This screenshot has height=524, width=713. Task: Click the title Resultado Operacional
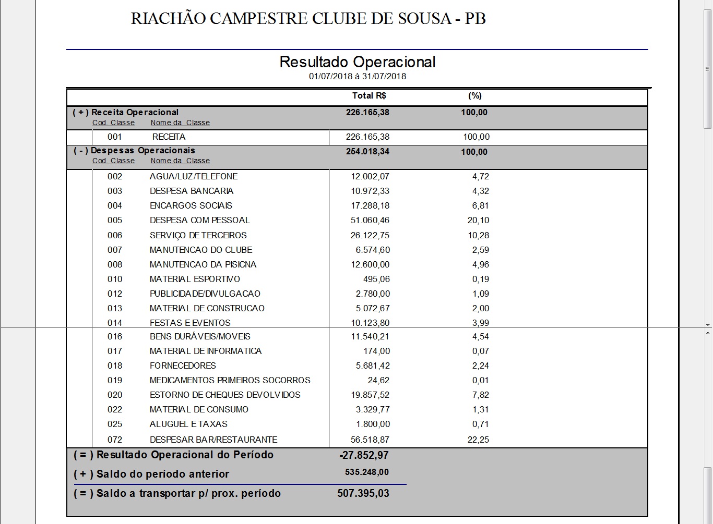[x=357, y=62]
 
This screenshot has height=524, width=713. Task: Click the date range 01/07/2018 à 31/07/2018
[x=357, y=76]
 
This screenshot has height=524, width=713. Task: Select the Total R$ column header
[x=369, y=96]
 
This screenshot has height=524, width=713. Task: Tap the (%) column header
[x=474, y=96]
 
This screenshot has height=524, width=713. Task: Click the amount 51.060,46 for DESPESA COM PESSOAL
[x=370, y=221]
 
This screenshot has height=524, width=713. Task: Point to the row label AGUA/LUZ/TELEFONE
[x=194, y=177]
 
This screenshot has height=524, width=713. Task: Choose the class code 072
[x=115, y=440]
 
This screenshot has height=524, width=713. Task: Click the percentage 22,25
[x=478, y=440]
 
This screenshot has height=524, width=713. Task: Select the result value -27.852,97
[x=364, y=455]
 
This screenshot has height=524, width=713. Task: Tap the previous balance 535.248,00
[x=367, y=472]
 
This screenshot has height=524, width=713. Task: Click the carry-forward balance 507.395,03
[x=363, y=493]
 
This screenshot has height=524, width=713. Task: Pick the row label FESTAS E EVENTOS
[x=190, y=323]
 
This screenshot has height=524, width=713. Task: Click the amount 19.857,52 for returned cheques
[x=370, y=395]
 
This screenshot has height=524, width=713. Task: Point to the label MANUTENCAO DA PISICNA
[x=203, y=264]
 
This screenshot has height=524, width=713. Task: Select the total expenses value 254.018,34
[x=367, y=152]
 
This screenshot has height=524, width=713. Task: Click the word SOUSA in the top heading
[x=422, y=19]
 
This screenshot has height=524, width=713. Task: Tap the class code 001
[x=115, y=137]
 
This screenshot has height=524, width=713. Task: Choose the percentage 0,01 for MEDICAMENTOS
[x=481, y=380]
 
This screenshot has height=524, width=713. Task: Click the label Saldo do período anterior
[x=162, y=474]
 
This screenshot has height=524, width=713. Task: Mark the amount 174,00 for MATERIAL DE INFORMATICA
[x=377, y=351]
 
